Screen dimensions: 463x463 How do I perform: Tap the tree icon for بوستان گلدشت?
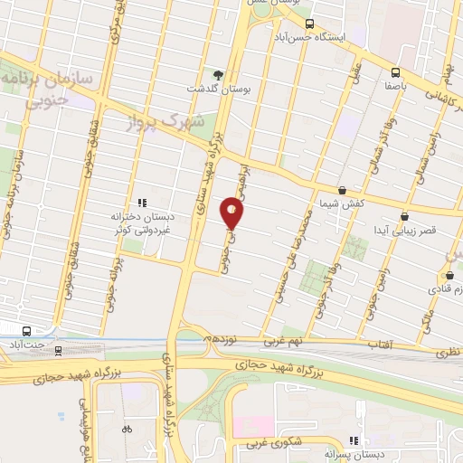point(216,74)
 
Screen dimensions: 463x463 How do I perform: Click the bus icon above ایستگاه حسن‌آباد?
point(309,24)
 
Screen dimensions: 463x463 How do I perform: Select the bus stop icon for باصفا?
point(395,72)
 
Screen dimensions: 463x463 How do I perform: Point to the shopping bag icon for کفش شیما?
point(342,190)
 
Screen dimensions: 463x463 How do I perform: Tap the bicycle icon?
point(127,429)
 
